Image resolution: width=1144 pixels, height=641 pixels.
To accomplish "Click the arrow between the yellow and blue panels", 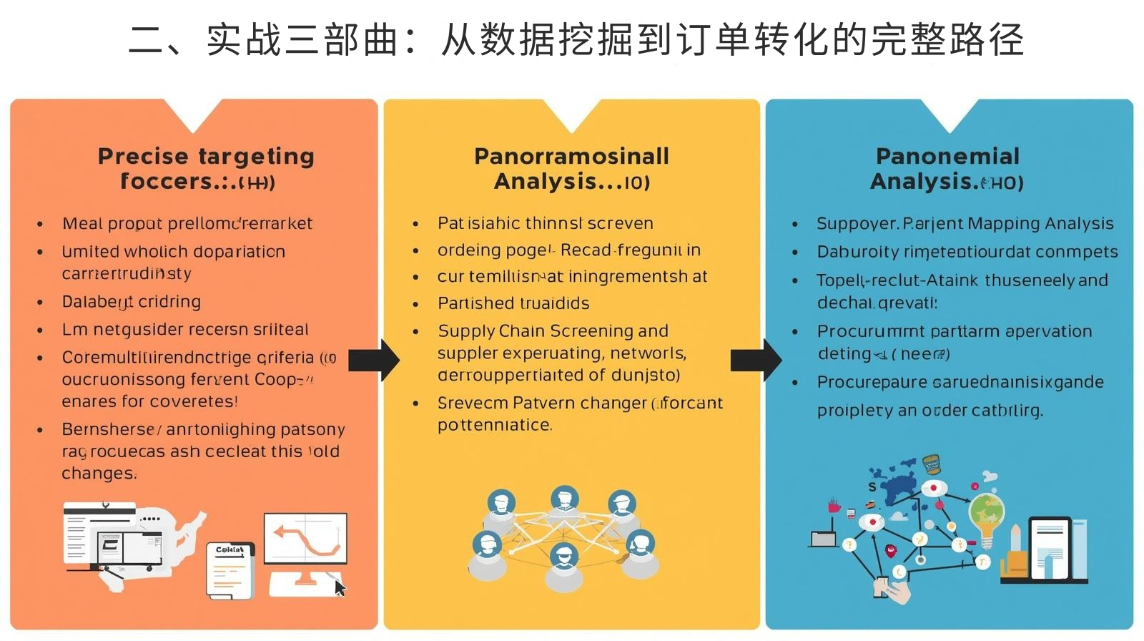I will tap(756, 360).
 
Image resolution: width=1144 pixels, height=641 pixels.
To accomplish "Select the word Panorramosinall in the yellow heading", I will tap(571, 156).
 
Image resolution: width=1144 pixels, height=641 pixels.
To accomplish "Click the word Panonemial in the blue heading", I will tap(947, 156).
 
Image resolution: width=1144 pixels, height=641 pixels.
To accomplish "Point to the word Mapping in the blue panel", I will tap(1003, 223).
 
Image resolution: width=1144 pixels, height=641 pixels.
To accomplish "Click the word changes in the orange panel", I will tap(98, 474).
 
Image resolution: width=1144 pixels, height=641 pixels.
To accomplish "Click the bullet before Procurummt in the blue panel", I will tap(795, 332).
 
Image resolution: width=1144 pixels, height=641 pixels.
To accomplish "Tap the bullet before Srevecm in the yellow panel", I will tap(415, 403).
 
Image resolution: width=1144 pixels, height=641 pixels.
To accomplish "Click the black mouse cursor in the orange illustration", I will tap(340, 588).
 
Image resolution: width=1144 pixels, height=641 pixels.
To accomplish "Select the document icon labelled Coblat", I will tap(230, 570).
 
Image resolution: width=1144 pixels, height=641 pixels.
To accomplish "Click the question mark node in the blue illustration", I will tap(849, 545).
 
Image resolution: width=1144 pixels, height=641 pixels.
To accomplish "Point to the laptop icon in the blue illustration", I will tap(824, 538).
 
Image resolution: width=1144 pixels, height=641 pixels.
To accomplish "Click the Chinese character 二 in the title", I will tap(147, 39).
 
